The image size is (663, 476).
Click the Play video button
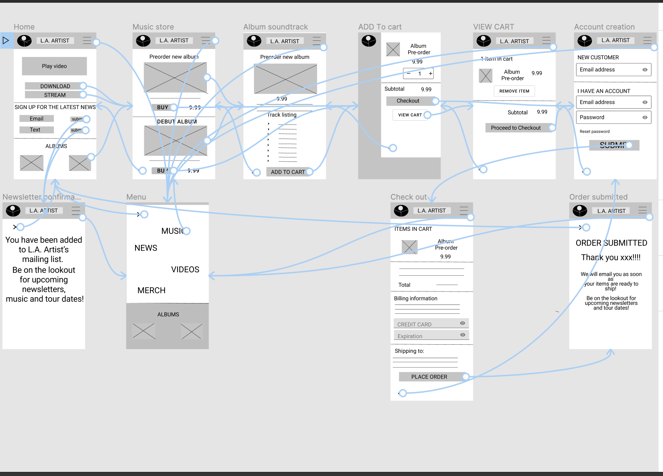click(54, 66)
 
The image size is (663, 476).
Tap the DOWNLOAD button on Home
click(55, 86)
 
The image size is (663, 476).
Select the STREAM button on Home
click(55, 95)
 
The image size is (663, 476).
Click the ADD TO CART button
click(288, 172)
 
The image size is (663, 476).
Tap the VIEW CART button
click(410, 115)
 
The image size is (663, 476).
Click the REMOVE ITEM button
click(514, 91)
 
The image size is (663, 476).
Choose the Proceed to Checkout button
click(515, 128)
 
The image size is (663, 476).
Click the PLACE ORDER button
click(429, 377)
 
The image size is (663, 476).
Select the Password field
click(613, 117)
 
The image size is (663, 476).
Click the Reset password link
click(594, 131)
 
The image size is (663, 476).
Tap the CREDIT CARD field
click(431, 324)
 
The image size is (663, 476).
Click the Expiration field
click(431, 336)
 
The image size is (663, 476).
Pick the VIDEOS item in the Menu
click(185, 270)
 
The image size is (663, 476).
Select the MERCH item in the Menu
click(151, 290)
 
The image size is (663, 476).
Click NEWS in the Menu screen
click(146, 248)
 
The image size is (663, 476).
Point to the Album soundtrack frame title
click(276, 27)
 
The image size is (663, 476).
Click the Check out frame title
click(408, 197)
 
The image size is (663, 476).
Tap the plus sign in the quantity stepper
click(430, 73)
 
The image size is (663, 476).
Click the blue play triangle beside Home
click(6, 40)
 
